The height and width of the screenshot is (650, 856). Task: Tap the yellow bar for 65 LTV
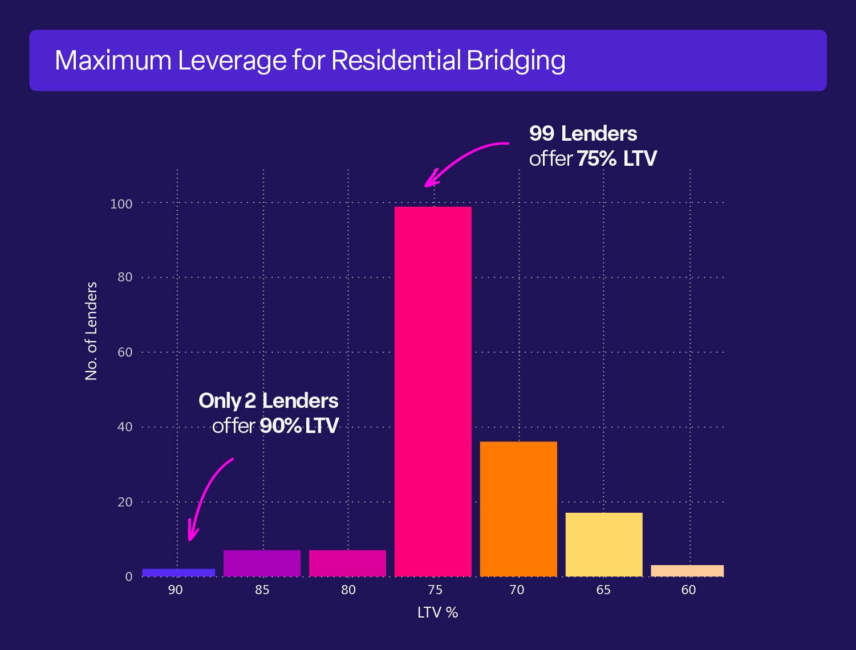tap(604, 545)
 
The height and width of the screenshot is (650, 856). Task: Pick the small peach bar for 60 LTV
tap(687, 571)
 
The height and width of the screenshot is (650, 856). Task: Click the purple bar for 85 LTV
tap(262, 563)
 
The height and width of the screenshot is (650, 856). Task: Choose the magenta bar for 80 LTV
tap(347, 563)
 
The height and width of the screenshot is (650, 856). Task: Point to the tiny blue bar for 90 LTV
tap(178, 573)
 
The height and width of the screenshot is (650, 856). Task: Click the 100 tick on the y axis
tap(121, 204)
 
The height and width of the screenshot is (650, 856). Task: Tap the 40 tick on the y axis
tap(124, 427)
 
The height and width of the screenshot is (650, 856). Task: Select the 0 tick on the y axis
tap(128, 577)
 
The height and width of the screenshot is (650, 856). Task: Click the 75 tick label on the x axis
tap(435, 590)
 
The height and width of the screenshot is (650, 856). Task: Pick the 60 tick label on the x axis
tap(688, 590)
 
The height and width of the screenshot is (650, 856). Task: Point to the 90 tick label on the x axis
tap(175, 590)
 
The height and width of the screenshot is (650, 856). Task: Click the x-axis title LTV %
tap(437, 613)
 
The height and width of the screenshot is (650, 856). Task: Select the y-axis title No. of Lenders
tap(91, 330)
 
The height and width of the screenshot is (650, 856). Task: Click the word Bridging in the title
tap(516, 61)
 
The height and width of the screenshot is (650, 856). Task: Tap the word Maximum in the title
tap(113, 60)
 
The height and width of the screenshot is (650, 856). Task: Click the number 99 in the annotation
tap(541, 134)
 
